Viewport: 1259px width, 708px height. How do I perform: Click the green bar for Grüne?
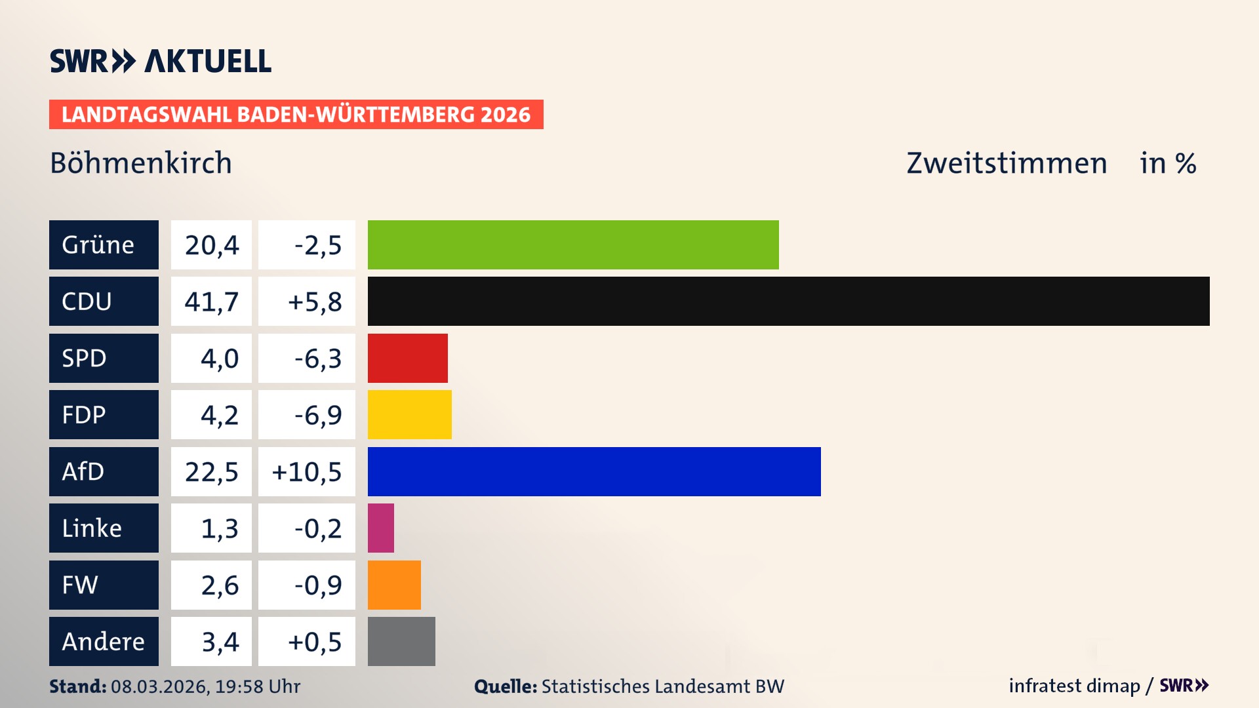(573, 245)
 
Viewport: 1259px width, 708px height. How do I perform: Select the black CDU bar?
(788, 301)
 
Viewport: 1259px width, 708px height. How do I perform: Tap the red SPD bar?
(407, 358)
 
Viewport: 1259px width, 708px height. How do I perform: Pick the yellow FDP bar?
(409, 414)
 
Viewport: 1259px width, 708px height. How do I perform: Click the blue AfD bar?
(593, 471)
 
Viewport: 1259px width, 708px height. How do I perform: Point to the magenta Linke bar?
(380, 528)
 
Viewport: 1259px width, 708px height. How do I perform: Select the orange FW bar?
(393, 585)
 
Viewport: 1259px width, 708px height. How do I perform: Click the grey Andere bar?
(401, 641)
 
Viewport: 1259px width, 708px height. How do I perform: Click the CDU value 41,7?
(211, 302)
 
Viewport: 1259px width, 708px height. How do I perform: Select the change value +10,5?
(306, 472)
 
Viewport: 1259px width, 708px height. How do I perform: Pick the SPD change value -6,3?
(317, 359)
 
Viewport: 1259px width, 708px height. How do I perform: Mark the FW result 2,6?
(219, 585)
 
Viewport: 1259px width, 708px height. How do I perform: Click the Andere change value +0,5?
(314, 642)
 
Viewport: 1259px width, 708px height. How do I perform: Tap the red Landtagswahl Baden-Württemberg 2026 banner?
(296, 114)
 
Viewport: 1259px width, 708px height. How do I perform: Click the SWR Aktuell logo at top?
(161, 61)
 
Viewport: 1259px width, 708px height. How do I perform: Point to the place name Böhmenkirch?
(141, 163)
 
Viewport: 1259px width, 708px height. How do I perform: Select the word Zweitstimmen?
(1006, 163)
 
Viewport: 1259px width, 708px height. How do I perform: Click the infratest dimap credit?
(1073, 686)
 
